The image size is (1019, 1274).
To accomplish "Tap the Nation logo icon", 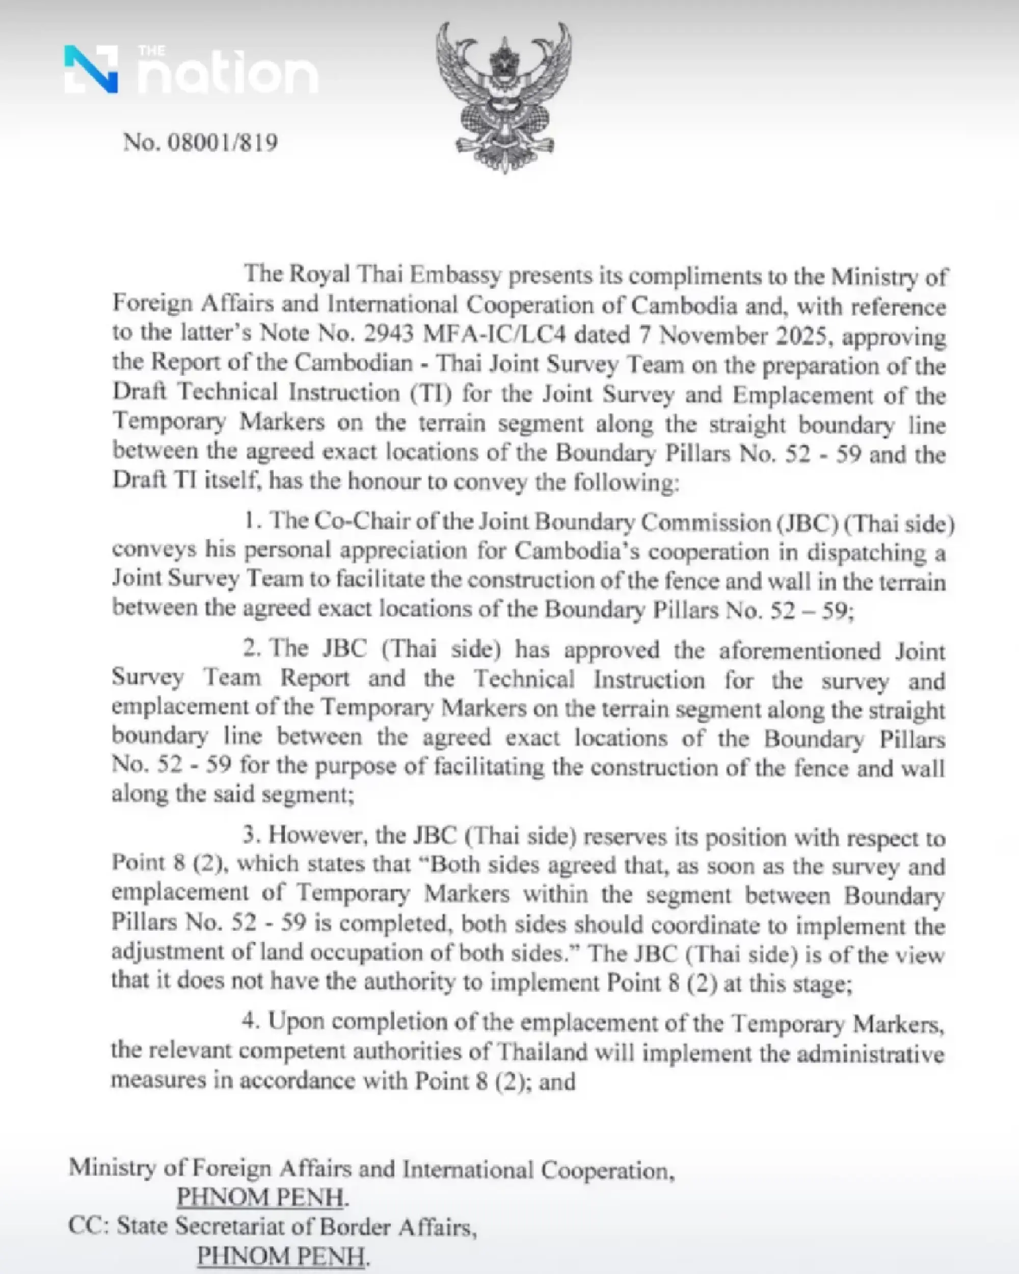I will coord(91,70).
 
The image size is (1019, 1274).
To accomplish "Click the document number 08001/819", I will coord(224,143).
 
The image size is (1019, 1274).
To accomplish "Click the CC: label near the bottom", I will coord(88,1227).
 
